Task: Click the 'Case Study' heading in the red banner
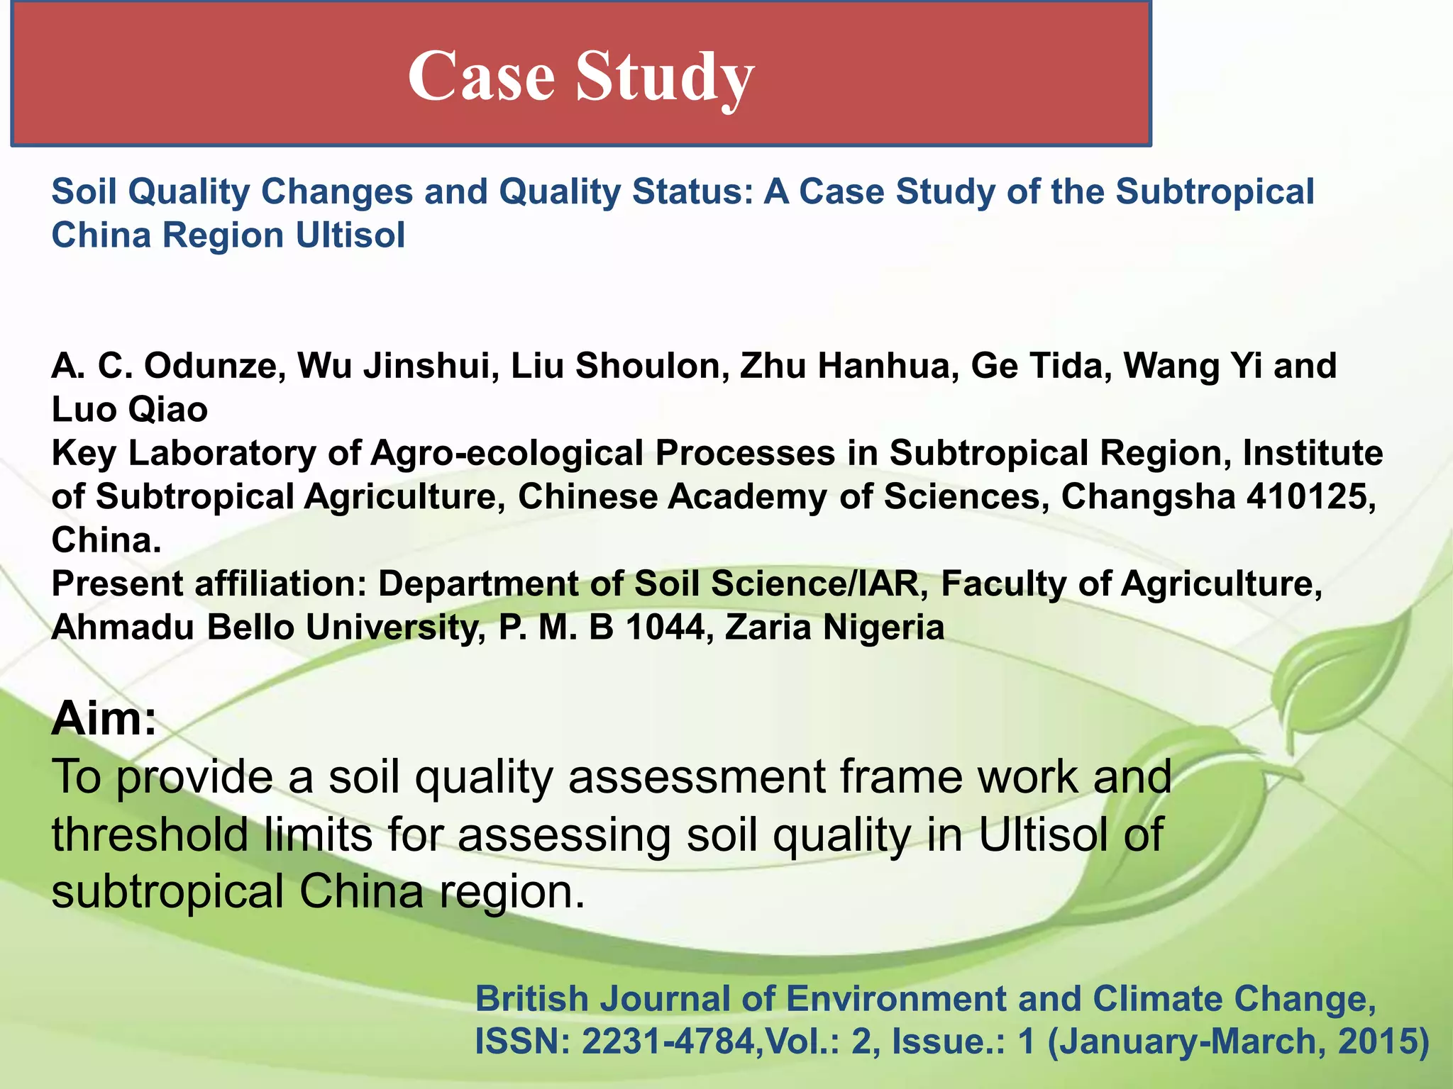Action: tap(580, 77)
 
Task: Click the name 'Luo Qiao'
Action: tap(129, 410)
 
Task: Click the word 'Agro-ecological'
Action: tap(507, 453)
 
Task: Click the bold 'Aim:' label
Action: tap(104, 718)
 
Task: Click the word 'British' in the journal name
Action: tap(532, 998)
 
